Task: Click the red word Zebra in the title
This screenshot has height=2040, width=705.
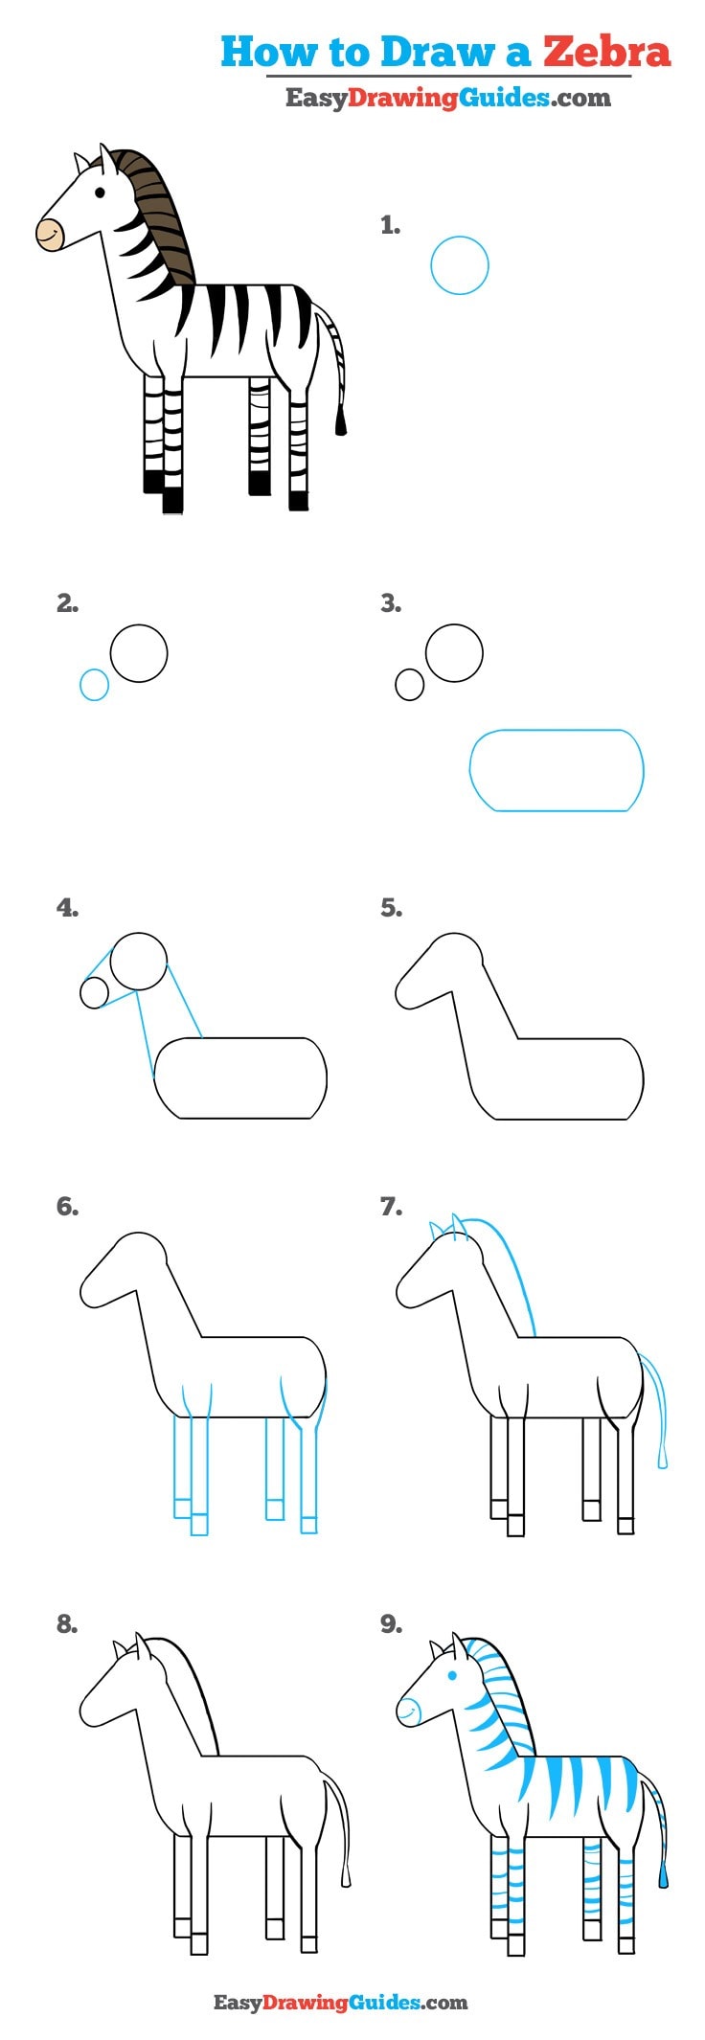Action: point(607,52)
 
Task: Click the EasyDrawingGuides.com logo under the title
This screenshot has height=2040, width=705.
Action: point(447,98)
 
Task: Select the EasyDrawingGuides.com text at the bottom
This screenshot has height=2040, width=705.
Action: point(340,2002)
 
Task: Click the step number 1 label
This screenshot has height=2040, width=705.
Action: point(390,226)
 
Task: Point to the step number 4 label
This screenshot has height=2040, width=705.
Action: point(67,907)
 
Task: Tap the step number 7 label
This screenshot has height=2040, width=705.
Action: point(391,1206)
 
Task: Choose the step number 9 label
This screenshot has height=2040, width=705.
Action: point(391,1623)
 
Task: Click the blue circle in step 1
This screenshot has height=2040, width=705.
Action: point(460,265)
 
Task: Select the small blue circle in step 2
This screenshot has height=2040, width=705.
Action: point(94,685)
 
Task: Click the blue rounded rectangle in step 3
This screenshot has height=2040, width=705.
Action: point(557,770)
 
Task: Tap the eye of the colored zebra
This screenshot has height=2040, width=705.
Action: point(101,193)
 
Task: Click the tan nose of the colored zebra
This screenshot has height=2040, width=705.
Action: point(49,234)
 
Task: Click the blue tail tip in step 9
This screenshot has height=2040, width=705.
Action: point(663,1878)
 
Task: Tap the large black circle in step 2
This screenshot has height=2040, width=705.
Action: point(139,653)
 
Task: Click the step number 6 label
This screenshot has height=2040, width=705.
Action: point(67,1206)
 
